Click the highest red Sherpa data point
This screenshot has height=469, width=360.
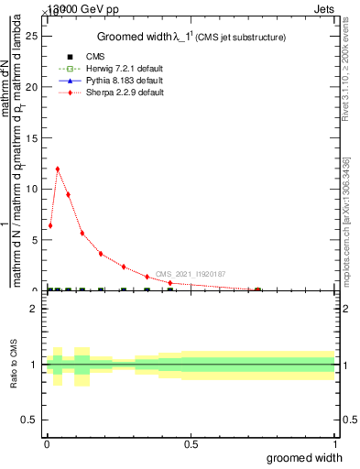(x=58, y=169)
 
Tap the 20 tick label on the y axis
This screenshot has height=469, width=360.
(x=34, y=87)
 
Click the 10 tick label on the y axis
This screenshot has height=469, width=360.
(x=34, y=189)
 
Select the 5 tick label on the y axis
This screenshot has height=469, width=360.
(x=37, y=240)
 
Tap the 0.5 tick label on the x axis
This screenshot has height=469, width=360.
(x=191, y=444)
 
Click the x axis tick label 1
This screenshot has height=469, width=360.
(x=334, y=444)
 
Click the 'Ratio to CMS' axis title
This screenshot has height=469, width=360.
(x=14, y=365)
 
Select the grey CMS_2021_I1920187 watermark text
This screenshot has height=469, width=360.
(x=190, y=274)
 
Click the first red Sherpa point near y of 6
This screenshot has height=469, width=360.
(x=50, y=225)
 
